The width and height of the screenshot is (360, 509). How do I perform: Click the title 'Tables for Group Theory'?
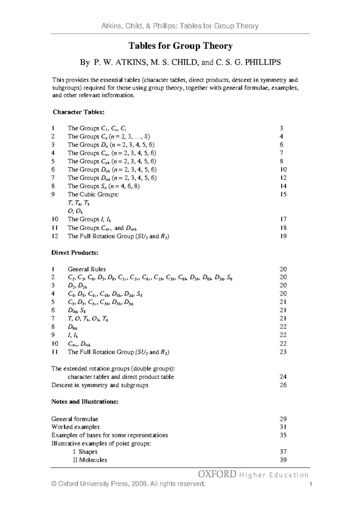point(180,46)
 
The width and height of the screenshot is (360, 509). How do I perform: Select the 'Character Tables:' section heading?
point(78,112)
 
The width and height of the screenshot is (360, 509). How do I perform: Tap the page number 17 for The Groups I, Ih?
point(283,219)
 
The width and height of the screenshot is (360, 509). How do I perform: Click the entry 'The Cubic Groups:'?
point(93,194)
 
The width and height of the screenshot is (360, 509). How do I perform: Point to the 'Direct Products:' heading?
point(75,253)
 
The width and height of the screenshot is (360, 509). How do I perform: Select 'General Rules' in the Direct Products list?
point(86,269)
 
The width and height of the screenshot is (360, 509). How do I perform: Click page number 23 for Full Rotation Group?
point(283,352)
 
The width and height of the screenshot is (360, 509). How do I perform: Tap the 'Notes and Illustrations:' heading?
point(85,402)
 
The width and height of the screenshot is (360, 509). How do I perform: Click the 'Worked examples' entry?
point(75,427)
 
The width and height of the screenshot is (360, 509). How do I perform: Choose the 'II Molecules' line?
point(90,460)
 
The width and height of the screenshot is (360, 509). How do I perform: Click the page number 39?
point(283,460)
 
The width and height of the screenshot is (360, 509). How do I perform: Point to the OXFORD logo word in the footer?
point(217,474)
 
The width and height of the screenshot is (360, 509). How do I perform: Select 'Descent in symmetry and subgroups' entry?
point(100,385)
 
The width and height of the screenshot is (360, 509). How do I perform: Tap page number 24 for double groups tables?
point(283,377)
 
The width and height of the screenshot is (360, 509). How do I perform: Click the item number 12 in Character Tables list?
point(55,236)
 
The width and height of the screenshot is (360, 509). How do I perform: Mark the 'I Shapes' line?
point(85,452)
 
